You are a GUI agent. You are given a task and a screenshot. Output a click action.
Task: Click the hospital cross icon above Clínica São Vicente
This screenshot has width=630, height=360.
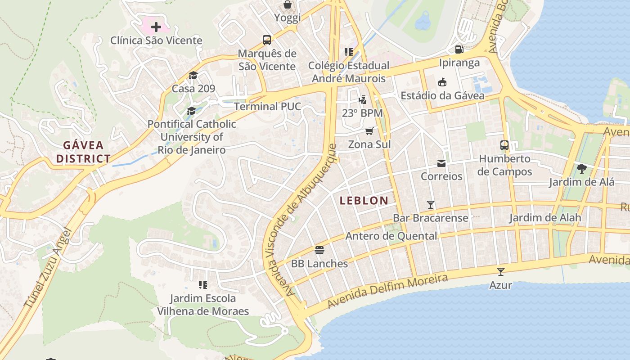click(156, 27)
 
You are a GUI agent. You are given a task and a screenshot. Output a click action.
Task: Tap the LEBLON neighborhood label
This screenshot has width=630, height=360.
click(364, 201)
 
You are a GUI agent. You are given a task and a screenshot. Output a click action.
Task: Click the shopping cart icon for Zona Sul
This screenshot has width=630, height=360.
click(369, 131)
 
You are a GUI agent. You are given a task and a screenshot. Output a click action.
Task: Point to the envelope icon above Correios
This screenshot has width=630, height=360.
click(441, 163)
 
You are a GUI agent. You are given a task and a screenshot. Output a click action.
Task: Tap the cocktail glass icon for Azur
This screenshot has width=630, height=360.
click(500, 271)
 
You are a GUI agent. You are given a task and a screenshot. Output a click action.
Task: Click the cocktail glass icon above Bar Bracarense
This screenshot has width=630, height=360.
click(431, 205)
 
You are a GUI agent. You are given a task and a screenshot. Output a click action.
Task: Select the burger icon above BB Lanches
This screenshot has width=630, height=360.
click(319, 250)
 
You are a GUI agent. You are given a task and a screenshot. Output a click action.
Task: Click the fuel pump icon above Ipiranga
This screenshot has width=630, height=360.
click(459, 49)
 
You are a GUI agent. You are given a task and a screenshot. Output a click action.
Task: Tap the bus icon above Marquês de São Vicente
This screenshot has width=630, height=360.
click(267, 40)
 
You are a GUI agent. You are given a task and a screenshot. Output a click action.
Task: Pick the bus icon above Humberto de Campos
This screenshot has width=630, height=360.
click(504, 145)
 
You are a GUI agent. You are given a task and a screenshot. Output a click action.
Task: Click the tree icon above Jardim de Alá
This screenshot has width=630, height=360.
click(581, 169)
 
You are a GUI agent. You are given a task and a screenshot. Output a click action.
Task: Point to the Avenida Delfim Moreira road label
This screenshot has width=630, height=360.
click(387, 291)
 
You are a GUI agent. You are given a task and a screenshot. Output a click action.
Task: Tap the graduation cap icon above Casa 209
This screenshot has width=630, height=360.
click(193, 75)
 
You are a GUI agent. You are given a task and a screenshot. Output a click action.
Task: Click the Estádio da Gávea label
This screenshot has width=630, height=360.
click(442, 95)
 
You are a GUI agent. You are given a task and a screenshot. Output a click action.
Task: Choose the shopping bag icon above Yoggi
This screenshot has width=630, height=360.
click(287, 5)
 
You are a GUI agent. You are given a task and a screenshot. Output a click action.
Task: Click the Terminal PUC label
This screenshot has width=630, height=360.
click(267, 107)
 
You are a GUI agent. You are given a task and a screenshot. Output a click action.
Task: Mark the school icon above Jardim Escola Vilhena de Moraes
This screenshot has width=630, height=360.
click(203, 285)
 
